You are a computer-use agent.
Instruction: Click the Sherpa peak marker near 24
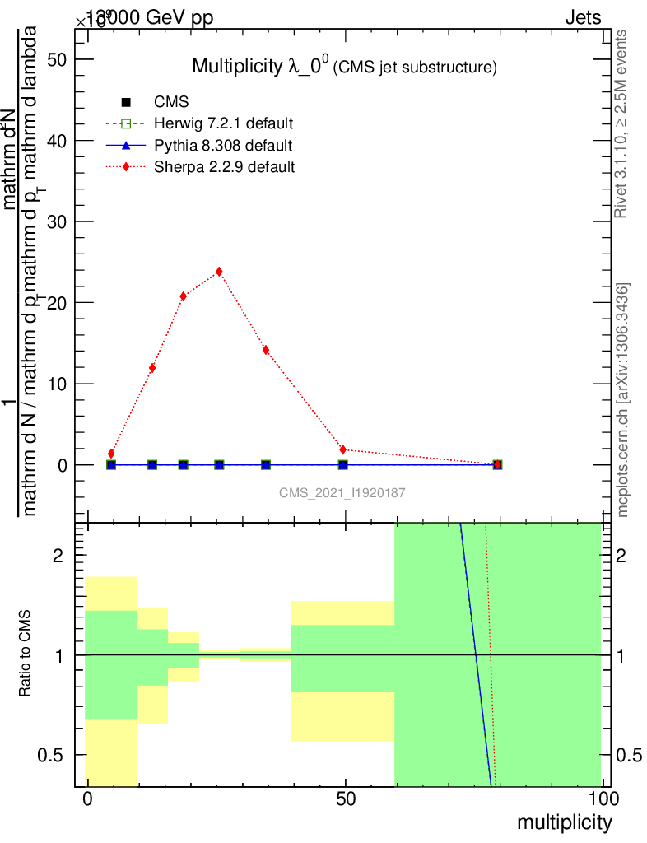point(219,272)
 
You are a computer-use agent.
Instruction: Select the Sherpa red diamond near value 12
point(152,368)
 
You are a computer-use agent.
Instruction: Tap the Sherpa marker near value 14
point(266,350)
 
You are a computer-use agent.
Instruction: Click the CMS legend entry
point(171,103)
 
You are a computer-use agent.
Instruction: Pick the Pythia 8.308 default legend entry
point(223,146)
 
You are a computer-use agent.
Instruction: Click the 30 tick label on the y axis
point(58,221)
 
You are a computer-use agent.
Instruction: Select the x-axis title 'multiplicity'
point(564,822)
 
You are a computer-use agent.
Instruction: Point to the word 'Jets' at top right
point(583,18)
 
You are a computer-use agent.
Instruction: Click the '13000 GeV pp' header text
point(149,18)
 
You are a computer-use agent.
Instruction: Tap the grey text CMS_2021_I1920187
point(342,492)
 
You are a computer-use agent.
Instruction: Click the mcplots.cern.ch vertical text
point(623,400)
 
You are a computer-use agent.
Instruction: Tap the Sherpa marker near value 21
point(184,296)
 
